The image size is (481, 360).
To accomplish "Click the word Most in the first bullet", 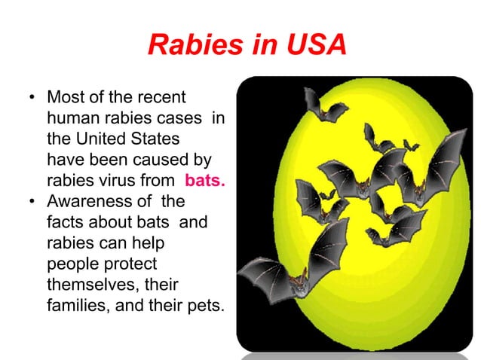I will click(x=67, y=99).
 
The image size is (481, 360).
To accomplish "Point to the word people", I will click(x=73, y=266).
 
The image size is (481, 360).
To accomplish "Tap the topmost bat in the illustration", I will click(x=324, y=105).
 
